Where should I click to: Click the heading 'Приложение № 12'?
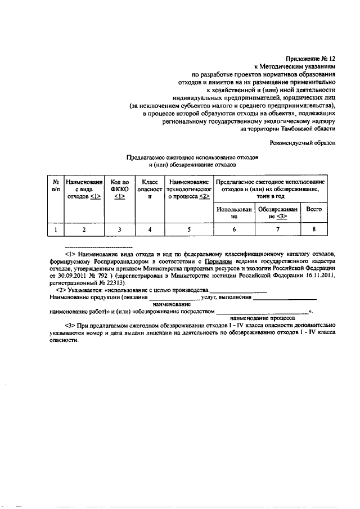[310, 57]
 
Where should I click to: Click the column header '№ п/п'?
[56, 186]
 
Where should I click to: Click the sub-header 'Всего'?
[313, 209]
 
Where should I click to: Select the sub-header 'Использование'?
[235, 212]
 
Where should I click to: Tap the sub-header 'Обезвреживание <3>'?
[278, 212]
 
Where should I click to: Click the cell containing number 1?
[56, 229]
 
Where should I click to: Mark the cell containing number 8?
[313, 229]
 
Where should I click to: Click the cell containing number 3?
[119, 229]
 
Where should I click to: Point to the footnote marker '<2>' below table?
[71, 289]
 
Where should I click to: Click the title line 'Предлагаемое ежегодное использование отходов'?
[192, 158]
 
